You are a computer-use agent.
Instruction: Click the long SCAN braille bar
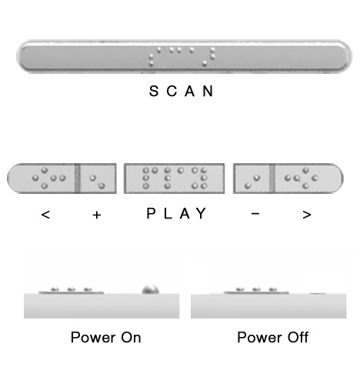pos(184,57)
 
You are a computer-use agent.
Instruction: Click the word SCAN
pos(182,91)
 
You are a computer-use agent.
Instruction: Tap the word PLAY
pos(176,213)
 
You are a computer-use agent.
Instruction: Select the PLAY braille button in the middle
pos(174,178)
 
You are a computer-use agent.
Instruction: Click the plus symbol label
pos(97,215)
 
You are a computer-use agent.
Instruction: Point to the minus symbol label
pos(255,213)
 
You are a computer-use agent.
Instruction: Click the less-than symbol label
pos(45,215)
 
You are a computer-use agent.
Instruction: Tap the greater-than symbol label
pos(307,215)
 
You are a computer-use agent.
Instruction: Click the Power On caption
pos(105,338)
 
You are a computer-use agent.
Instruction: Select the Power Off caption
pos(272,338)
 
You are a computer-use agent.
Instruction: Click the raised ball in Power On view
pos(151,290)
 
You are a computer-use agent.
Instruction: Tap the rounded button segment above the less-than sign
pos(41,178)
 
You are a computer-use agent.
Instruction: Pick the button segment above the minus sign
pos(252,178)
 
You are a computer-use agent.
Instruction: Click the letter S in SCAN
pos(154,91)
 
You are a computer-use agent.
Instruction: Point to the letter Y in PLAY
pos(202,213)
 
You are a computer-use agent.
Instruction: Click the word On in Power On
pos(131,338)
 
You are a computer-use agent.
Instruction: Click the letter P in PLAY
pos(151,213)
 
